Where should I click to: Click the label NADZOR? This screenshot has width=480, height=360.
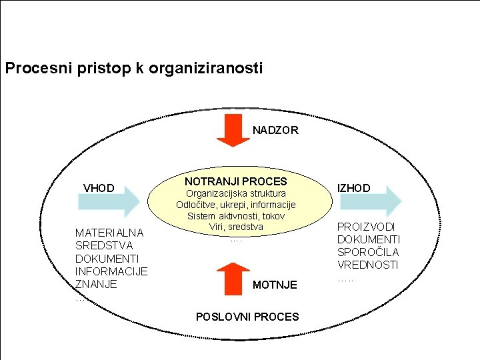point(275,130)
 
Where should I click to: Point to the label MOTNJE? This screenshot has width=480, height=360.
point(275,285)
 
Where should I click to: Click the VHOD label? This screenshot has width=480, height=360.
point(99,188)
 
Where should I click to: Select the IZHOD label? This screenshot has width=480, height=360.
point(354,188)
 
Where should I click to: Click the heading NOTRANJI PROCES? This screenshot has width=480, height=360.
point(236,181)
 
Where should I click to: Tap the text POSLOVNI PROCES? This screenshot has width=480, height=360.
point(247,317)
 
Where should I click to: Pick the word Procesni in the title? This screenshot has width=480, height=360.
point(31,68)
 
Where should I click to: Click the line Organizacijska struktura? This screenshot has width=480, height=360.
point(236,193)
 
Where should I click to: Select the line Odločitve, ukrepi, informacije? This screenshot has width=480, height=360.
point(236,205)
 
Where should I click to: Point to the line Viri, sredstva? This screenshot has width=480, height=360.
point(236,227)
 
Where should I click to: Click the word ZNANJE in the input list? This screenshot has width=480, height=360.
point(96,284)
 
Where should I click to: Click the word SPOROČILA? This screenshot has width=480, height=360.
point(368,252)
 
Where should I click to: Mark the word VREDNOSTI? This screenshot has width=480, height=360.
point(367,265)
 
